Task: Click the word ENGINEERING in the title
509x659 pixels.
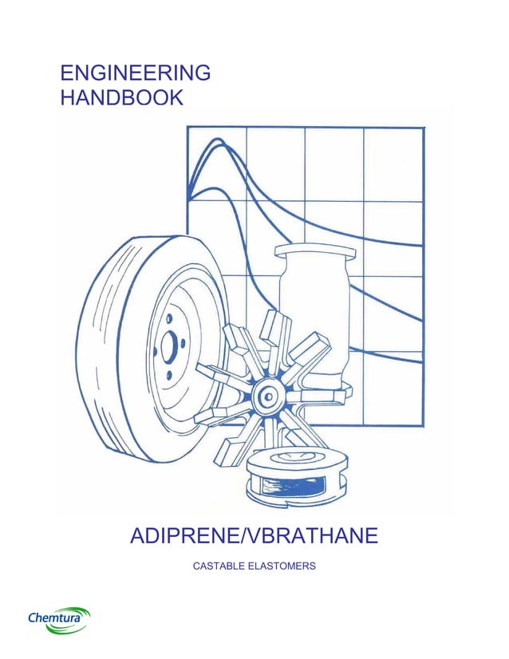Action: click(136, 73)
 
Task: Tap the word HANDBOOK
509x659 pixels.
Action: click(122, 98)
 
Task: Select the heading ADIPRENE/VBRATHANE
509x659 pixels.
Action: click(254, 535)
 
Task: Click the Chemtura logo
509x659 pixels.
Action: click(58, 618)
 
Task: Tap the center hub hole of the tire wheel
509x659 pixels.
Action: click(169, 345)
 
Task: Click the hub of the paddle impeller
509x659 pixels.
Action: click(266, 396)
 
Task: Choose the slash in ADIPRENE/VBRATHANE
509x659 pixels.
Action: click(245, 535)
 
